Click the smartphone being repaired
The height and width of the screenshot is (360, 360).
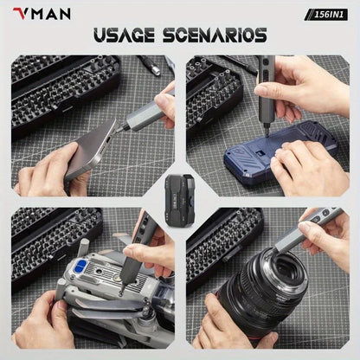click(x=92, y=149)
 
